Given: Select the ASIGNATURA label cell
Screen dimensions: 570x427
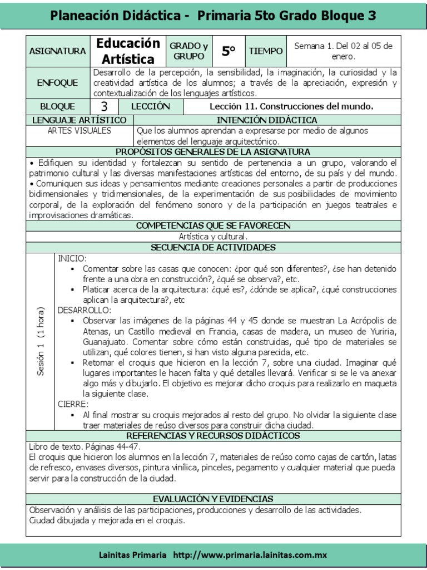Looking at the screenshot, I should pos(58,51).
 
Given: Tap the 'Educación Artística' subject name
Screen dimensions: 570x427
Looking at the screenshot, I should pos(128,51).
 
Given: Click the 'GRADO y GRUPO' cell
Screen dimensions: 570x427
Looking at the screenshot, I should pos(188,51).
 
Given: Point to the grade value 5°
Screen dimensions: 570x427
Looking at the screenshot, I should pos(229,51).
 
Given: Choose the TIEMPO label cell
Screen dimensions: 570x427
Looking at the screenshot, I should pos(266,51).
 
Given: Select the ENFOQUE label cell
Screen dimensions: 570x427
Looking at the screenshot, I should pos(58,83).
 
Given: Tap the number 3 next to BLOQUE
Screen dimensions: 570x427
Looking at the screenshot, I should pos(104,106).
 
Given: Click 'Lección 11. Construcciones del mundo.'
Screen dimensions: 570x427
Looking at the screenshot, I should pos(291,106).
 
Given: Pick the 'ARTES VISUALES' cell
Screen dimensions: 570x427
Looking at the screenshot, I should pos(80,131).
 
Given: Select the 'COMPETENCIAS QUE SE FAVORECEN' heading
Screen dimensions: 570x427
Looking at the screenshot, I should pos(213,225).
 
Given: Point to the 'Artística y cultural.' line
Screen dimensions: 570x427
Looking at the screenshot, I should pos(213,237).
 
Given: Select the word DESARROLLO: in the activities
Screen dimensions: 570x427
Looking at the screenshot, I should pos(85,310).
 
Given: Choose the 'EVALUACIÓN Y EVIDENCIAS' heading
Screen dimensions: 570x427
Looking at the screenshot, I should pos(213,499).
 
